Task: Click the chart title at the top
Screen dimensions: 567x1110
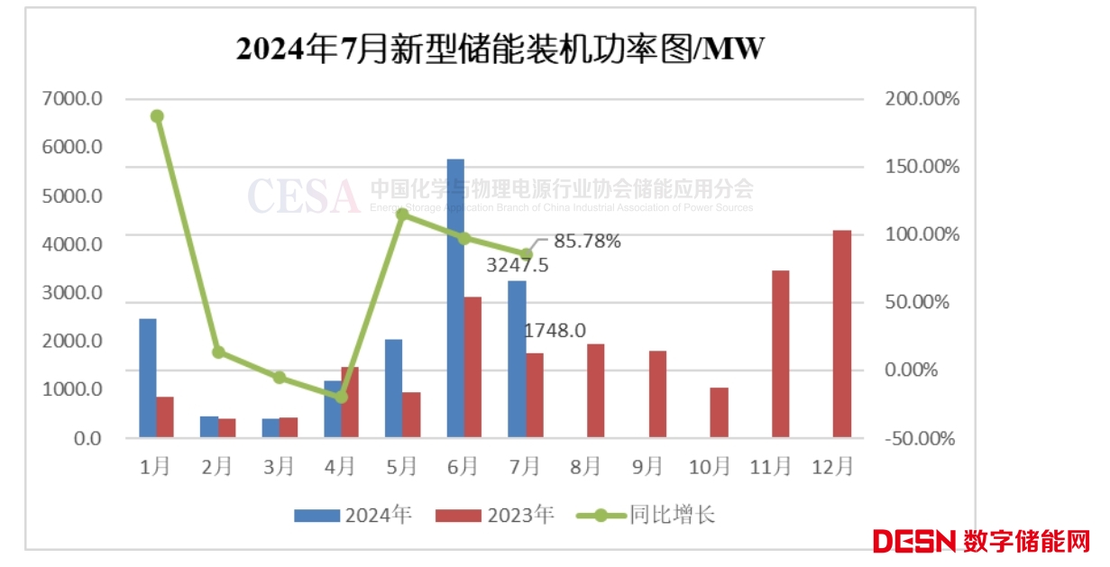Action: [x=500, y=48]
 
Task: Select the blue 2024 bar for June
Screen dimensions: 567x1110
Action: [x=455, y=298]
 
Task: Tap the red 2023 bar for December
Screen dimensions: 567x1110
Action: [x=841, y=334]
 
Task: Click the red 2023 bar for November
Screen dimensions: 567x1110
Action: [x=780, y=354]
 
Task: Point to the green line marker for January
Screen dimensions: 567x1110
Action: [x=157, y=116]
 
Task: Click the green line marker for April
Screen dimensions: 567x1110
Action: [x=341, y=397]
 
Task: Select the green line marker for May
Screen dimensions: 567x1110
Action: [x=403, y=215]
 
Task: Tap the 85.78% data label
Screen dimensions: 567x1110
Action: [x=588, y=241]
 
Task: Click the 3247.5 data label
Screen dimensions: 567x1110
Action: [x=517, y=265]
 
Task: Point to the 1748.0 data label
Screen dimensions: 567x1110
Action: [x=555, y=331]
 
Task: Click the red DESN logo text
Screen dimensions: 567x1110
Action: [x=913, y=541]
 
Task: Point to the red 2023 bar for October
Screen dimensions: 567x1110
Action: [x=719, y=413]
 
